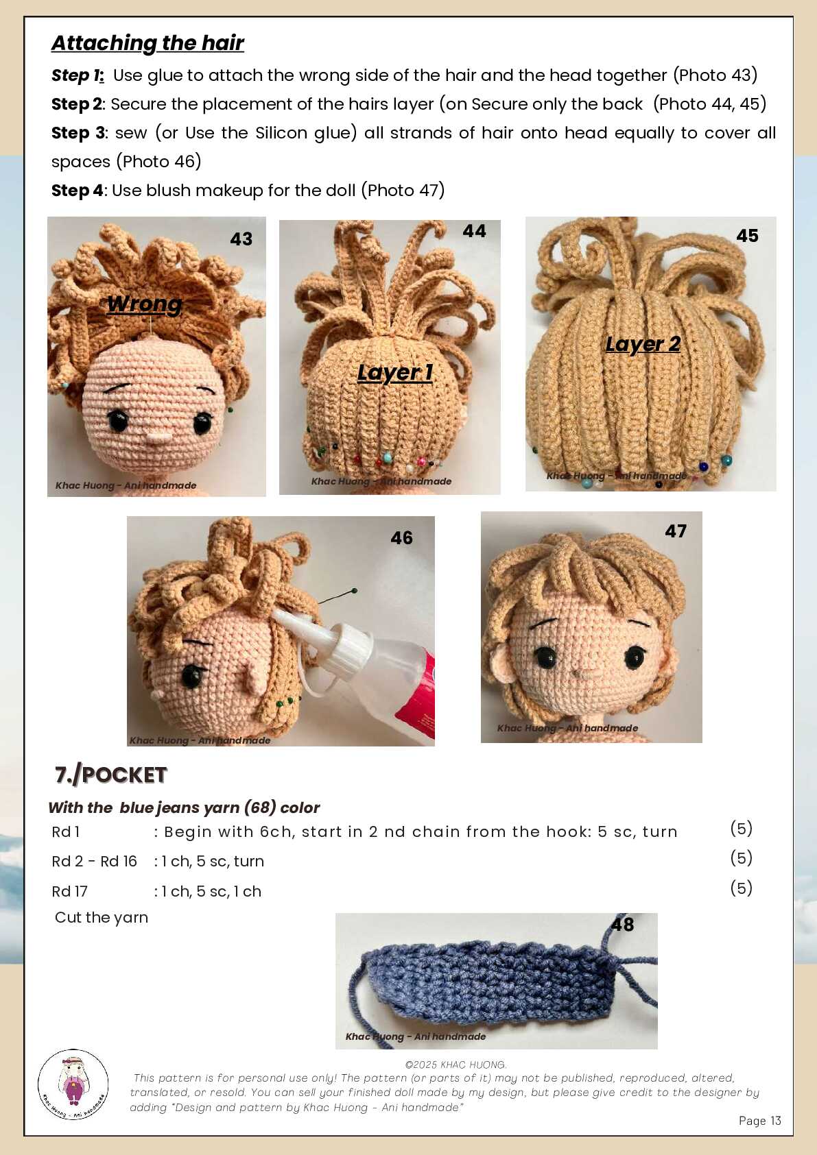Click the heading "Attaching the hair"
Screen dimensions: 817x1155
(147, 43)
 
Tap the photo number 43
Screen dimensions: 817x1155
(241, 239)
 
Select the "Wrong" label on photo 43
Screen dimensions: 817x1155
(145, 304)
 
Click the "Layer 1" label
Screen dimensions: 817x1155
(395, 372)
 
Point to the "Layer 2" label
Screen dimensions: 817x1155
(643, 344)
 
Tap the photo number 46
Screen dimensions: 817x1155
(401, 538)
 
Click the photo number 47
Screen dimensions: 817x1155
(676, 531)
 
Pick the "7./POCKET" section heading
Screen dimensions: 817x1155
(111, 775)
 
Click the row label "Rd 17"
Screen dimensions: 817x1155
(70, 891)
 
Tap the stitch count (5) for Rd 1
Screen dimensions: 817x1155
(741, 828)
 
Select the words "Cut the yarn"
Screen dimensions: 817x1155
(102, 917)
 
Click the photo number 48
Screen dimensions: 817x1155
(622, 925)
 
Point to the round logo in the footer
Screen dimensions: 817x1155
(73, 1085)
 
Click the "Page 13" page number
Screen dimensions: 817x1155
(759, 1121)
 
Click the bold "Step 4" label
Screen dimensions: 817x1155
(78, 191)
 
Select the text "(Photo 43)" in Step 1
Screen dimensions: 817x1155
(715, 75)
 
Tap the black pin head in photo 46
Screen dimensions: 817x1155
(354, 590)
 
